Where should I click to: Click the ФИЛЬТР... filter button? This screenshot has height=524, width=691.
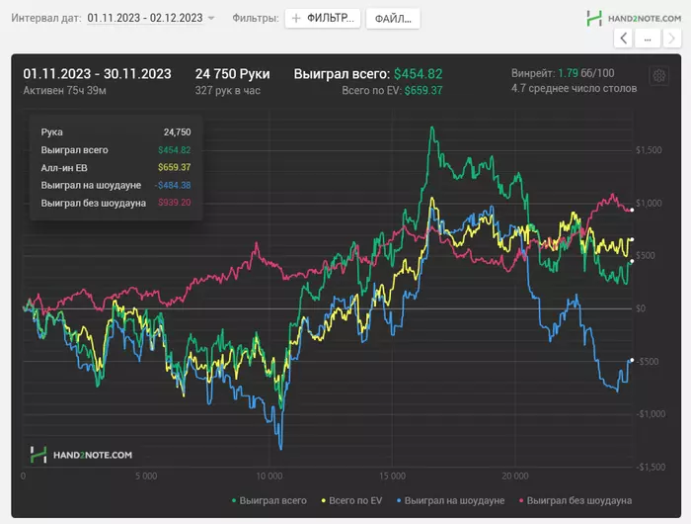coord(322,19)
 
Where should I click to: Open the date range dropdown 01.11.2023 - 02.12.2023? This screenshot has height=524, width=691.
coord(151,19)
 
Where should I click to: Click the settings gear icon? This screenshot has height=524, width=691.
coord(658,76)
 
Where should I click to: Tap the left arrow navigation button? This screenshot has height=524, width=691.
coord(623,38)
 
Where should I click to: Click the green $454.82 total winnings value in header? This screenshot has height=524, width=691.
coord(418,74)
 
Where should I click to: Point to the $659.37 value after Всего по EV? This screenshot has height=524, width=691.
coord(423,90)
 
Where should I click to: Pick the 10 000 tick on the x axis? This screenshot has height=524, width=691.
coord(269,476)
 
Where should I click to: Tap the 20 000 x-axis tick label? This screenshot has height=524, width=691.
coord(515,476)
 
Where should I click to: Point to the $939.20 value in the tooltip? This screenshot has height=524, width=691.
coord(174,203)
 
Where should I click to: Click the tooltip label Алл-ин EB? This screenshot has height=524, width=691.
coord(64,167)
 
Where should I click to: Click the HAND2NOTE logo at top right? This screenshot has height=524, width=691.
coord(632,18)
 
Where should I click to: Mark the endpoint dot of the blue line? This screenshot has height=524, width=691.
coord(632,360)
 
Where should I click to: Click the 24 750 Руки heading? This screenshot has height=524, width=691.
coord(232,74)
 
